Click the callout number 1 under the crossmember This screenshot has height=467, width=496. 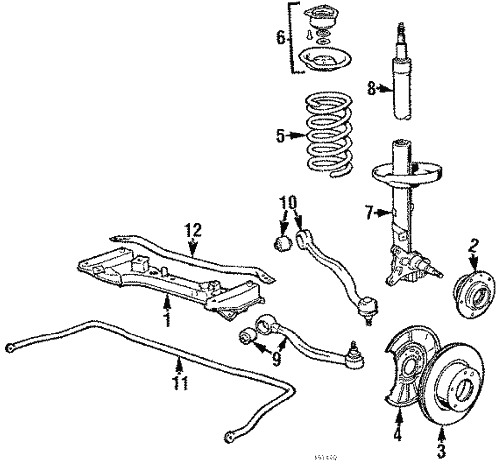(167, 319)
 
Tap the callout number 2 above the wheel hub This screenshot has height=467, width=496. (474, 245)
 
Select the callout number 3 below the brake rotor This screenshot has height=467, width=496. (441, 450)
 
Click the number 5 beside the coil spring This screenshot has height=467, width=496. (281, 135)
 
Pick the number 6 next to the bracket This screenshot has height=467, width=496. (280, 38)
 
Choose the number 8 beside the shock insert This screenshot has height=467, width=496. (372, 88)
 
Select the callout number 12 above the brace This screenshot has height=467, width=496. (194, 230)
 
